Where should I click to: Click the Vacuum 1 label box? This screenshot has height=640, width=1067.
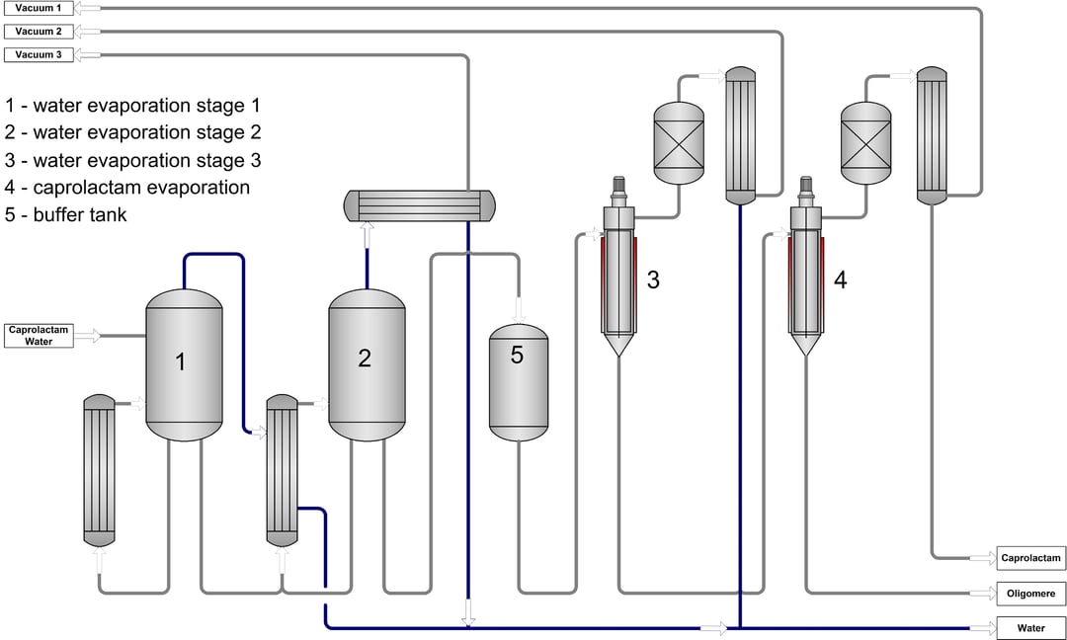point(39,8)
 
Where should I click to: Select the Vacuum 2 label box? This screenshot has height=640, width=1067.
point(39,32)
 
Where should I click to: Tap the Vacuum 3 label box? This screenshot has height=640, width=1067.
point(39,55)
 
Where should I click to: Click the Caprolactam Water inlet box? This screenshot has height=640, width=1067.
point(39,336)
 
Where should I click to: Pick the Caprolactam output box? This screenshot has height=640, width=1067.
point(1031,558)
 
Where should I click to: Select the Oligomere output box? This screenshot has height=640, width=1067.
point(1031,594)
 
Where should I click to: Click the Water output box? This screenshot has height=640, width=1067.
point(1031,628)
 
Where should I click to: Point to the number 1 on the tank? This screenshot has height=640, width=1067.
point(180,362)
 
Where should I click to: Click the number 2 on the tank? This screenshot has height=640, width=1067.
point(365,359)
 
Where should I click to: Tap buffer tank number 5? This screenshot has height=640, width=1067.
point(517,356)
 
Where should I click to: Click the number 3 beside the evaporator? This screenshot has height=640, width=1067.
point(652,280)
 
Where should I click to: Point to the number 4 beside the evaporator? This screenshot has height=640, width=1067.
point(840,280)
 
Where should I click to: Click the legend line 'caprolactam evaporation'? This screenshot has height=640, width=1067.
point(128,187)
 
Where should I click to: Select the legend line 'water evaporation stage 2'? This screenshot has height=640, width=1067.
point(133,132)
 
